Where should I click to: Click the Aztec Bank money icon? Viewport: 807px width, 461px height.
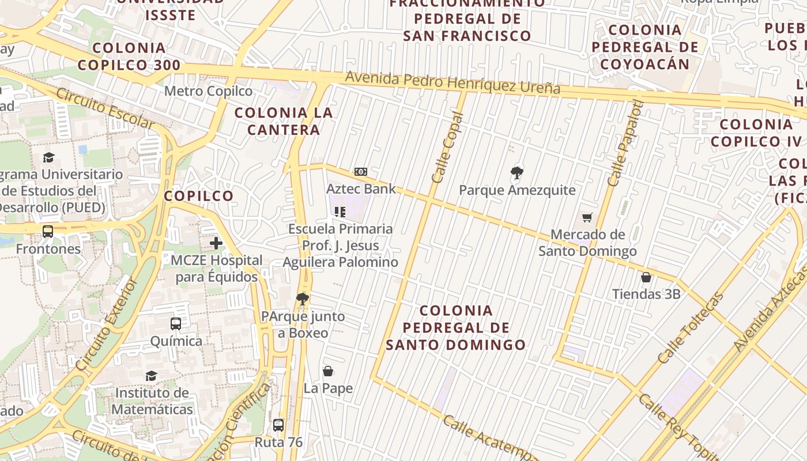click(x=361, y=172)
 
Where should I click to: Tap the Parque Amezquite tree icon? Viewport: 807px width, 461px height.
click(x=517, y=172)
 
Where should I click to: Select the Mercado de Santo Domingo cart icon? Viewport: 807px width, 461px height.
click(x=587, y=217)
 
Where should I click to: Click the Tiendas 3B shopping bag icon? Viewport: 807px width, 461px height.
click(x=646, y=277)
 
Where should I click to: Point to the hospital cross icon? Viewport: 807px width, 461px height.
click(x=216, y=243)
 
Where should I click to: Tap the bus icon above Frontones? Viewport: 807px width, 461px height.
click(x=48, y=232)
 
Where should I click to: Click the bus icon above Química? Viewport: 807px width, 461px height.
click(x=176, y=324)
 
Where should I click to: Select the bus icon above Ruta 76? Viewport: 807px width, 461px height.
click(x=278, y=425)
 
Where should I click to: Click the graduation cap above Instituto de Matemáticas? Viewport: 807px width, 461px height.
click(x=151, y=376)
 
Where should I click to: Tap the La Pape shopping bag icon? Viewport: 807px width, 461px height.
click(x=328, y=371)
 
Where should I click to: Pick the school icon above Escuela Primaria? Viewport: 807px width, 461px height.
click(x=340, y=212)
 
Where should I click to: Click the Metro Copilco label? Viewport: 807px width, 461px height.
click(x=209, y=91)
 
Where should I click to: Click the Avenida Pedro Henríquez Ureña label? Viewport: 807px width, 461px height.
click(x=452, y=83)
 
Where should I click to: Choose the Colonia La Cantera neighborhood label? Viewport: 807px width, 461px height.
click(x=284, y=121)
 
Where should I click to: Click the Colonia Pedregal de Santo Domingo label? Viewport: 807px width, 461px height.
click(x=456, y=328)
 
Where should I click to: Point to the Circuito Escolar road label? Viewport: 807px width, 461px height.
click(x=105, y=109)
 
